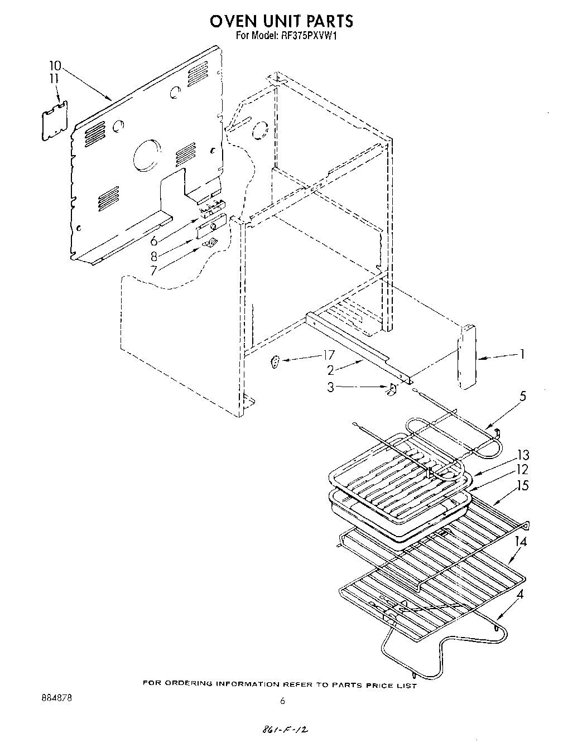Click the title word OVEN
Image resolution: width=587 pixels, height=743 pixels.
(237, 21)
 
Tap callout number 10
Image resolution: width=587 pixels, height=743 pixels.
(55, 65)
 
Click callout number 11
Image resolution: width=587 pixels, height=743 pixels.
(54, 79)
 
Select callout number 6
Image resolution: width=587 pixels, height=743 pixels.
(153, 242)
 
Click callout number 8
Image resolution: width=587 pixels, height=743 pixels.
(153, 256)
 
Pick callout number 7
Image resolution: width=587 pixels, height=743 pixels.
(153, 270)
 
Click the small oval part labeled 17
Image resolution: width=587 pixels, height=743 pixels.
(275, 363)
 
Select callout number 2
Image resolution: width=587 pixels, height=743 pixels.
(330, 369)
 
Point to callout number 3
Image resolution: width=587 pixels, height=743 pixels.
(330, 387)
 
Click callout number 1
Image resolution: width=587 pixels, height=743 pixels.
(522, 354)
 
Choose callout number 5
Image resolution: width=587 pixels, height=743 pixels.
(522, 397)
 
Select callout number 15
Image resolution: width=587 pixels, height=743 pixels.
(522, 485)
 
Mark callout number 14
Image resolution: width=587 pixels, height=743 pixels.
(521, 541)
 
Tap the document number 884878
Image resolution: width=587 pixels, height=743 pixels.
(56, 697)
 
